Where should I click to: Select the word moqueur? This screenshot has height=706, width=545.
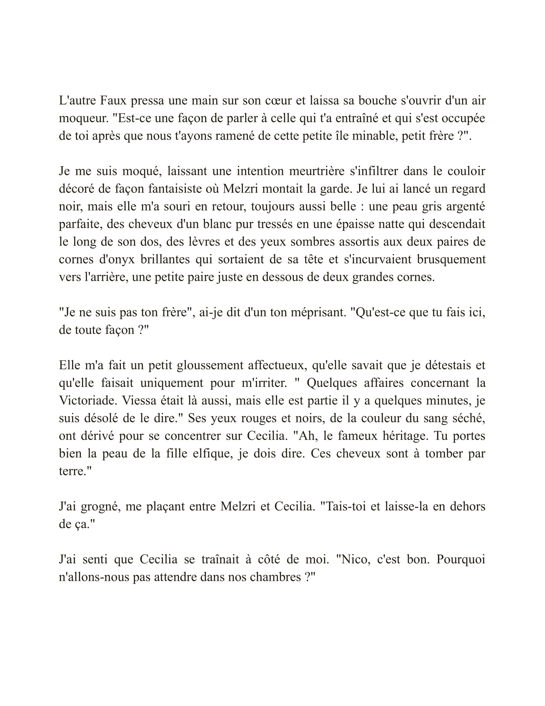[x=83, y=118]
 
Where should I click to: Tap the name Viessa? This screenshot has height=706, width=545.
[x=141, y=400]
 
